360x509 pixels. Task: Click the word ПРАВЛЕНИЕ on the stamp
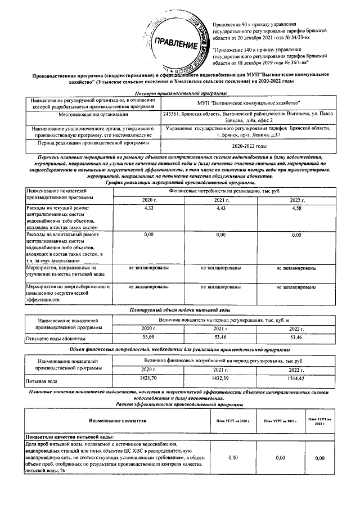176,43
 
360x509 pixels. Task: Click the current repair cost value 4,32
149,209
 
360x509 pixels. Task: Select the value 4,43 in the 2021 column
220,209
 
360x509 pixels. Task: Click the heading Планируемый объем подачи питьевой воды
180,310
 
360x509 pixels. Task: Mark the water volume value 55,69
149,336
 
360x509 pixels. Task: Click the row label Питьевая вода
42,381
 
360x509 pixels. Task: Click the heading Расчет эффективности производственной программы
180,404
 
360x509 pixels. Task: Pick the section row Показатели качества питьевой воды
70,436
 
